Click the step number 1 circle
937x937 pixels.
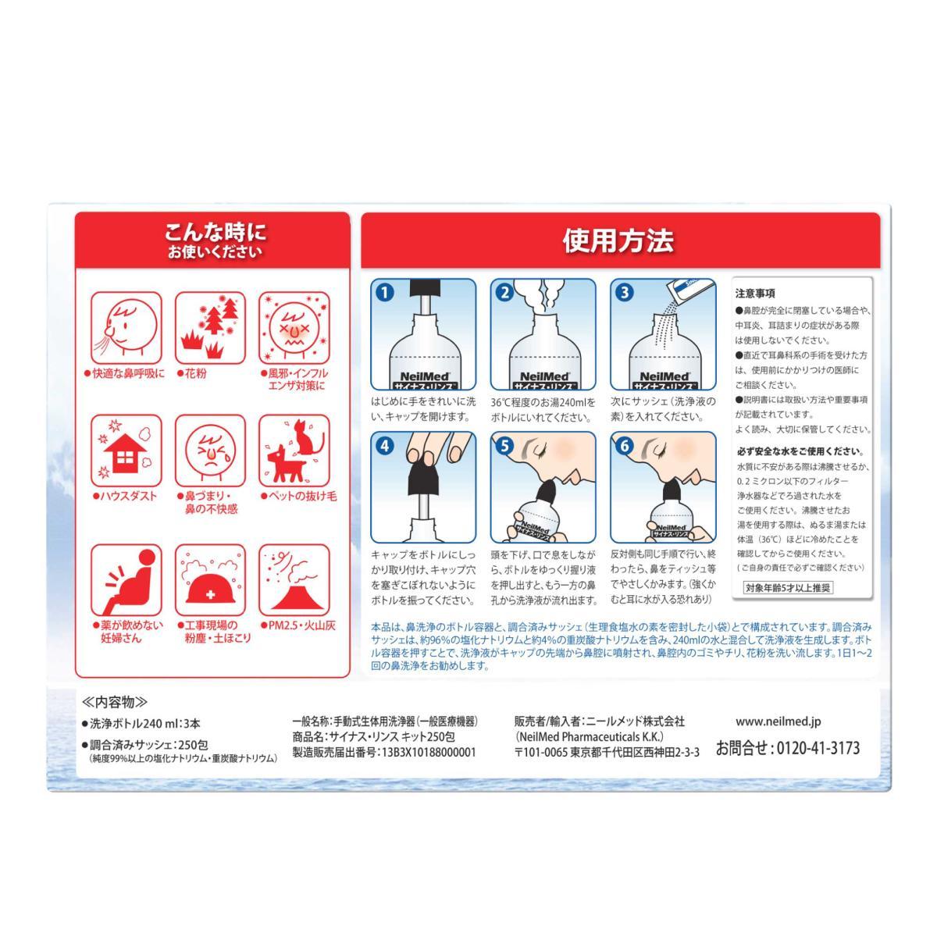(385, 293)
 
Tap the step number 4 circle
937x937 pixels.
(385, 446)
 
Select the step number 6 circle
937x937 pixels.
(625, 446)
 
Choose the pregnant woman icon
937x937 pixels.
(131, 581)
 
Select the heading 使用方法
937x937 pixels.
(618, 240)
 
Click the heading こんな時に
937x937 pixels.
(215, 233)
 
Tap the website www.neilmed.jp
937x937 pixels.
(778, 721)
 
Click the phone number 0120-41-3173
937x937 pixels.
(818, 747)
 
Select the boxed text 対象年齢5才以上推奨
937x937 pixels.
(788, 588)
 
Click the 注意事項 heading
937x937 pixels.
(755, 294)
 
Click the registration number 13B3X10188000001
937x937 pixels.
(429, 752)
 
